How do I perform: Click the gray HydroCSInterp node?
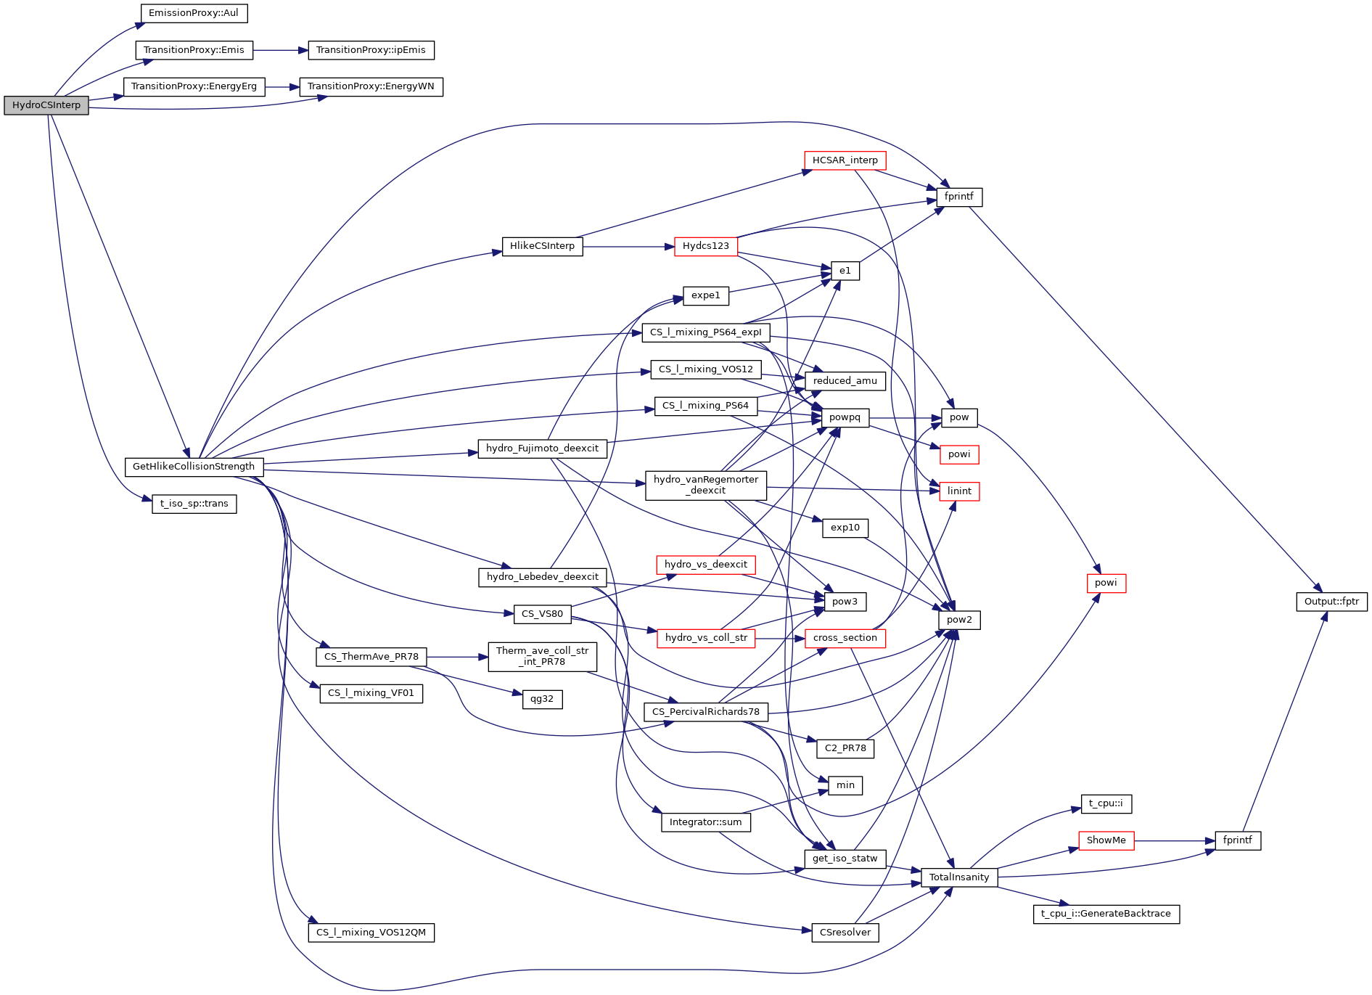[x=46, y=105]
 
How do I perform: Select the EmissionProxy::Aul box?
[x=193, y=13]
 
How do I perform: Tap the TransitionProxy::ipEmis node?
[x=371, y=50]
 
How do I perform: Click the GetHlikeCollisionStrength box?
[x=194, y=467]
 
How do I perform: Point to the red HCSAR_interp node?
[x=845, y=160]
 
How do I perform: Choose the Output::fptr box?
[x=1331, y=602]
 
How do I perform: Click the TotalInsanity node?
[x=959, y=877]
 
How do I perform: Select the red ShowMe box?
[x=1106, y=840]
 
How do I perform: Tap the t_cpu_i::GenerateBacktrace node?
[x=1106, y=914]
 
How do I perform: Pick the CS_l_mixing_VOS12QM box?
[x=371, y=933]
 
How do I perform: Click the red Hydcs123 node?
[x=705, y=246]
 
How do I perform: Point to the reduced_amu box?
[x=845, y=381]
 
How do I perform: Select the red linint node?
[x=958, y=491]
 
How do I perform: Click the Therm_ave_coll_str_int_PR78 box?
[x=542, y=656]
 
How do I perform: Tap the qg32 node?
[x=542, y=700]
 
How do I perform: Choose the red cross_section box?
[x=845, y=638]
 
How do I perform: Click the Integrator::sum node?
[x=705, y=822]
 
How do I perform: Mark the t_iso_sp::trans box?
[x=194, y=504]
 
